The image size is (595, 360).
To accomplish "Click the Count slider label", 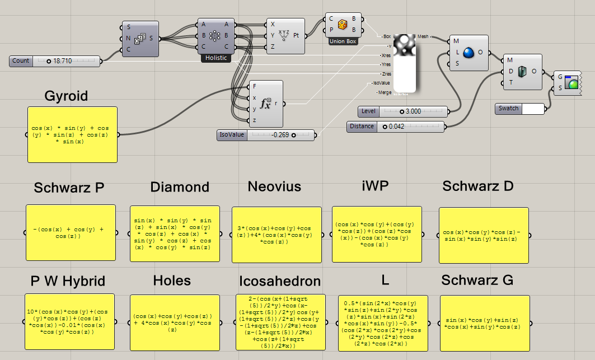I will [x=21, y=60].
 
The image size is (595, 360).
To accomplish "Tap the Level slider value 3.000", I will [x=413, y=111].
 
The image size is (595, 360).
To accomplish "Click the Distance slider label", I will [x=362, y=127].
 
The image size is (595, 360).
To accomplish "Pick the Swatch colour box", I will [x=532, y=109].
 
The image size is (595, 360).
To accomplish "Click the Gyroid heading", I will [x=66, y=96].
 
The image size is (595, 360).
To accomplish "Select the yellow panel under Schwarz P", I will [x=71, y=232].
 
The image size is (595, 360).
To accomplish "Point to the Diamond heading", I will [x=180, y=187].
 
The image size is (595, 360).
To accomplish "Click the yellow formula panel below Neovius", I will [x=276, y=234].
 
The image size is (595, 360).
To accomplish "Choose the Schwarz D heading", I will [x=477, y=186].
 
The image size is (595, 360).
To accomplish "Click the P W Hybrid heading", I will [x=69, y=280].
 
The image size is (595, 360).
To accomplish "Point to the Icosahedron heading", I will [x=280, y=280].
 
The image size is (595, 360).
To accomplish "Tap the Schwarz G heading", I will [x=477, y=280].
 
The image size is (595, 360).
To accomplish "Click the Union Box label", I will [x=343, y=41].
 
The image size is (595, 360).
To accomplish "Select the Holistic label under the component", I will [x=215, y=58].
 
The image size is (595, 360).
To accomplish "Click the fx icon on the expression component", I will [x=265, y=104].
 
